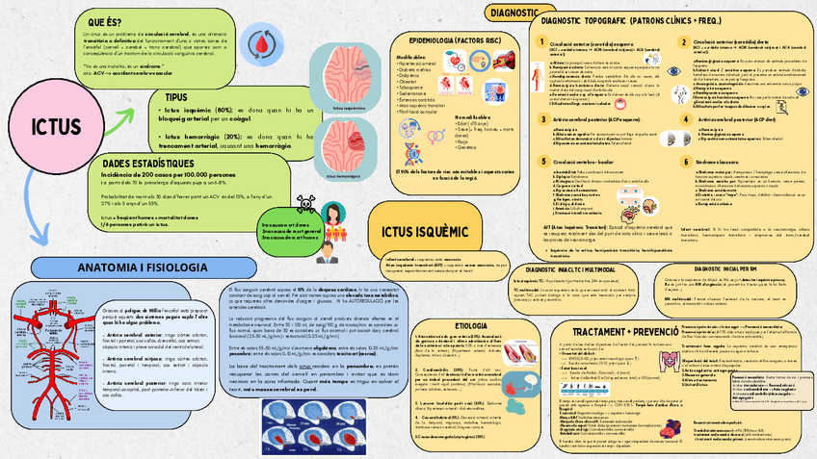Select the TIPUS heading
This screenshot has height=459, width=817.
[x=176, y=98]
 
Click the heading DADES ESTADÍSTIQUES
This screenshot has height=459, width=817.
[x=155, y=165]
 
